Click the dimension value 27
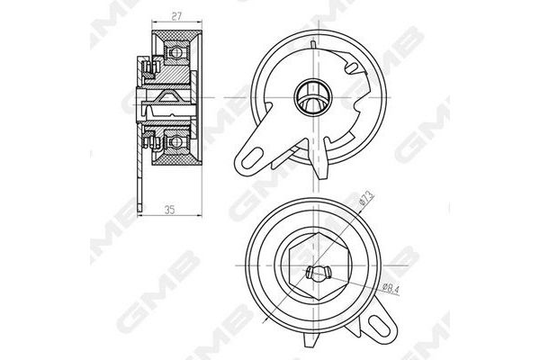click(176, 16)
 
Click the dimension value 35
click(169, 210)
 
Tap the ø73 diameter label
click(366, 199)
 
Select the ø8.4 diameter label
click(391, 288)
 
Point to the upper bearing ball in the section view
click(176, 52)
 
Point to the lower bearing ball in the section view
click(176, 141)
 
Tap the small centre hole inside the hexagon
click(318, 272)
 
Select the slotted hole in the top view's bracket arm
click(252, 158)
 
